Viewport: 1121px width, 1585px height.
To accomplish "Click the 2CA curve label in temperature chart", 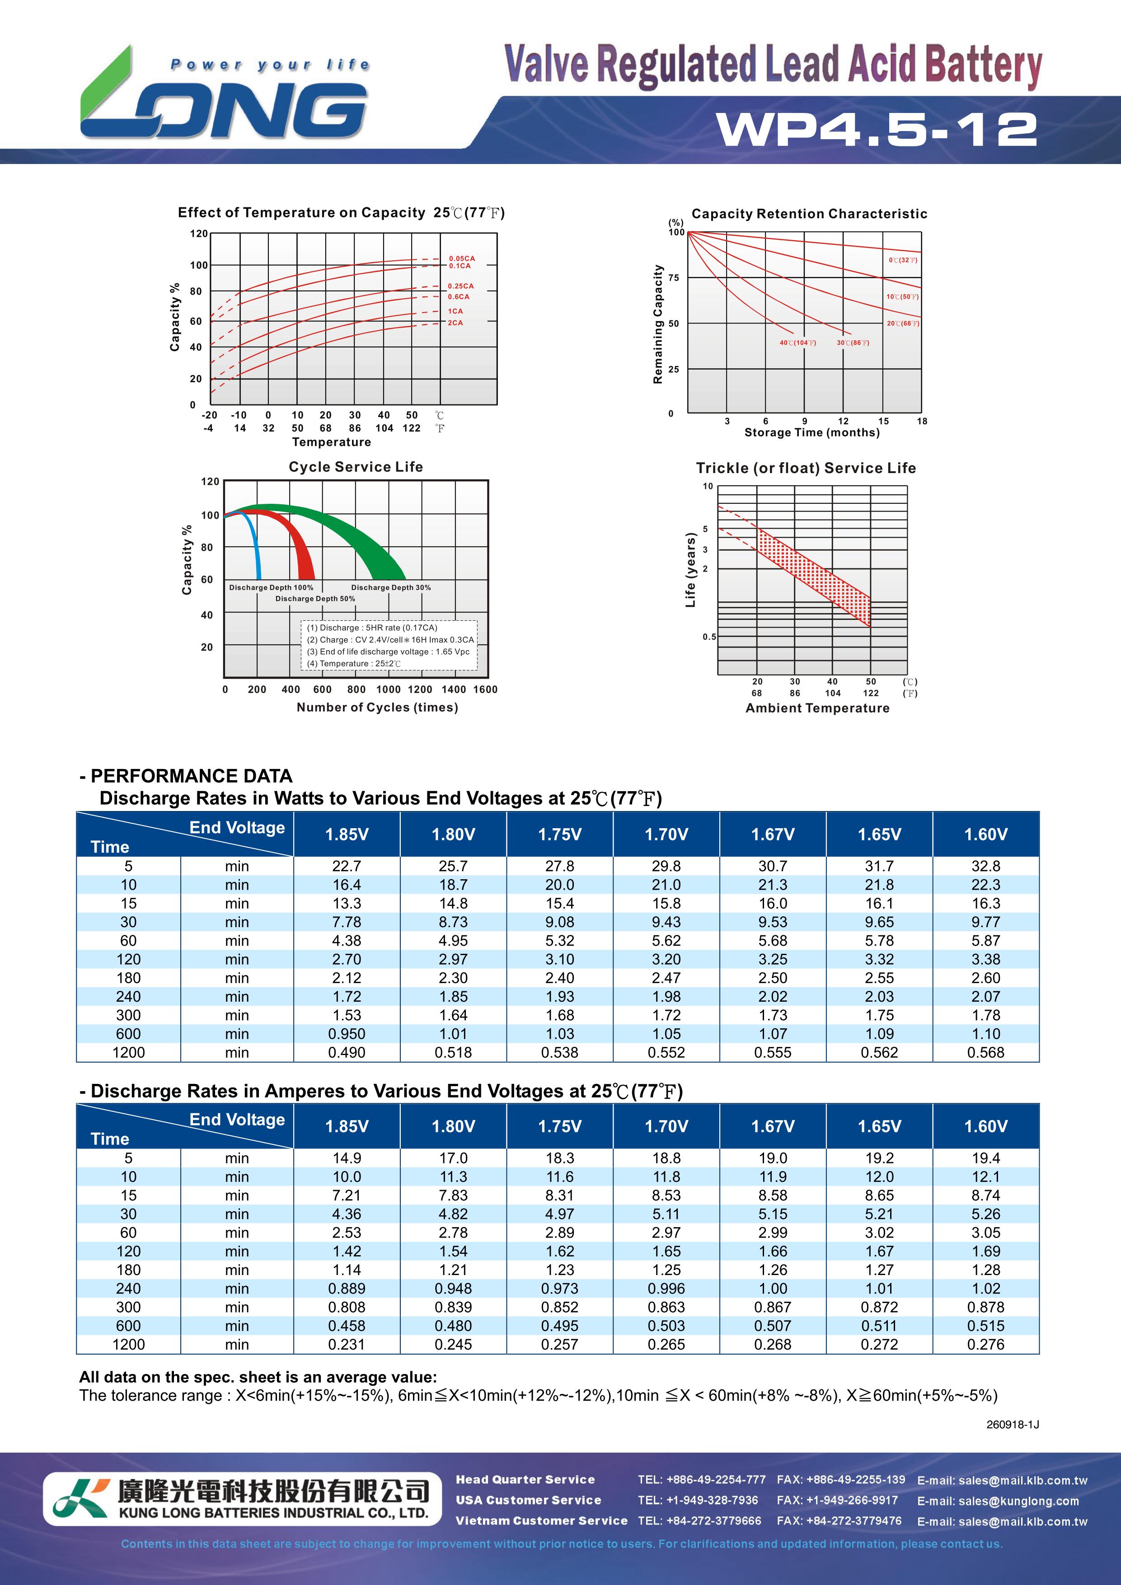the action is point(455,323).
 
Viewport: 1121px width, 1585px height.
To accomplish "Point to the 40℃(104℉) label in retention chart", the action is point(798,343).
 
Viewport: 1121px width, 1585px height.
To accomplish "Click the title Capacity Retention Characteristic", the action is point(809,214).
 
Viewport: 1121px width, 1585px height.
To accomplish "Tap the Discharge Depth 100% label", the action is point(271,587).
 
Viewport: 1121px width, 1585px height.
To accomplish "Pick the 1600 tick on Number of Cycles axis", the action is point(485,689).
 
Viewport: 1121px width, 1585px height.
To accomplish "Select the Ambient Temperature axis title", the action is point(817,708).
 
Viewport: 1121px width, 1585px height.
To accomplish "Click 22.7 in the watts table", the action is point(347,866).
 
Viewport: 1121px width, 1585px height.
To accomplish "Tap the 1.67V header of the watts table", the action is point(773,835).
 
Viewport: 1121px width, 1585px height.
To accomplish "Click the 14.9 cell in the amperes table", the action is point(347,1158).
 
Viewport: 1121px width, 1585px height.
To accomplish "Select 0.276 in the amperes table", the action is point(986,1345).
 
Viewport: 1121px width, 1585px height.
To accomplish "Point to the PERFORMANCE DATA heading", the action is point(186,776).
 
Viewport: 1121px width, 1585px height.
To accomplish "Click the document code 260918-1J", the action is point(1013,1424).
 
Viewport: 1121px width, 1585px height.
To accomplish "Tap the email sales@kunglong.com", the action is point(998,1501).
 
